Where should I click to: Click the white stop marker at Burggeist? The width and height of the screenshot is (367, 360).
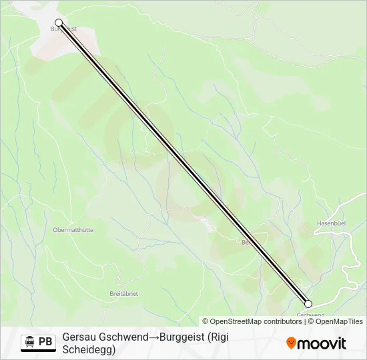coord(59,23)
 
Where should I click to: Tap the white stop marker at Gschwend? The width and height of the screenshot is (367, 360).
coord(308,303)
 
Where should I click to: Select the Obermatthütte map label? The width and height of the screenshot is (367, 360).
coord(73,230)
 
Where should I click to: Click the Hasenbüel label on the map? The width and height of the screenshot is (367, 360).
coord(330,223)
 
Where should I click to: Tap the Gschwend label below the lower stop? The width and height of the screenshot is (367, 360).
coord(310,315)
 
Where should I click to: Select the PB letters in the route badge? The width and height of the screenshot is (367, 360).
coord(45,342)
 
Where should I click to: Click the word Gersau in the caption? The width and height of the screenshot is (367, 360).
coord(79,338)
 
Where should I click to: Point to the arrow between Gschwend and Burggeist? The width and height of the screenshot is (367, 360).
coord(153,338)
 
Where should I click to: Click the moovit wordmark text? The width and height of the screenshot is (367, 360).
coord(322,343)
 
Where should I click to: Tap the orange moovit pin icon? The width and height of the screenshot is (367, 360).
coord(291,343)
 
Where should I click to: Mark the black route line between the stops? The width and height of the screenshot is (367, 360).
coord(183,163)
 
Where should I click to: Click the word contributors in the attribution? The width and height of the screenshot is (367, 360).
coord(282,321)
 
